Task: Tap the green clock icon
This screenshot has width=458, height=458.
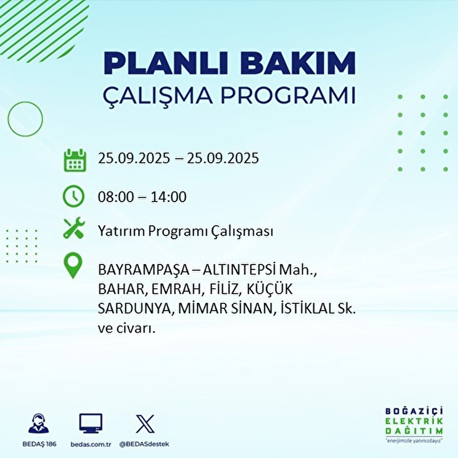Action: (73, 196)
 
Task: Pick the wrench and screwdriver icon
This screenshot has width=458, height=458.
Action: (74, 228)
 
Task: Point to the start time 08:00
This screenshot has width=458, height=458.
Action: (116, 197)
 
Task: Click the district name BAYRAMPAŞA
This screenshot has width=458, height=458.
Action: (144, 270)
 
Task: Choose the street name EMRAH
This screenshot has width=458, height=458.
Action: (176, 289)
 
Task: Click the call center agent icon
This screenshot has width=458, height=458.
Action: (39, 424)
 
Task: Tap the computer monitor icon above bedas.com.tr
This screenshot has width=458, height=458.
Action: (90, 423)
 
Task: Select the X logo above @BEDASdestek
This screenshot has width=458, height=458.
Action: (145, 424)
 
